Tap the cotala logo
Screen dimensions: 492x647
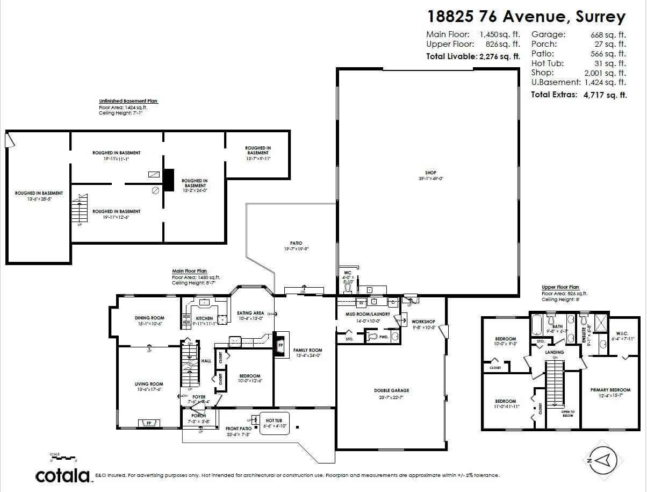point(63,476)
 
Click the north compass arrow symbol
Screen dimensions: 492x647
point(603,460)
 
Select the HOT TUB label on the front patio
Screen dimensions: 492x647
point(274,420)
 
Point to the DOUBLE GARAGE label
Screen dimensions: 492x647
point(392,391)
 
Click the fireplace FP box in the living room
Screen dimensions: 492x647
point(149,424)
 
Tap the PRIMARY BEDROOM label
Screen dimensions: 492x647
point(610,390)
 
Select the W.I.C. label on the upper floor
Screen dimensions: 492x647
point(622,333)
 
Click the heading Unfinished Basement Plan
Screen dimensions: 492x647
point(128,101)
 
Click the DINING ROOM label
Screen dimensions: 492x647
point(149,318)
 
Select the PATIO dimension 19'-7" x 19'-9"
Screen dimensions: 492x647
point(297,249)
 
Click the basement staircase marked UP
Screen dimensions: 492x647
point(80,210)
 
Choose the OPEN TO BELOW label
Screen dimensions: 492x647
point(567,413)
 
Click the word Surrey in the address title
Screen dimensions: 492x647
point(600,17)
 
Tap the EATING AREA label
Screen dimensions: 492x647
point(250,313)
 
